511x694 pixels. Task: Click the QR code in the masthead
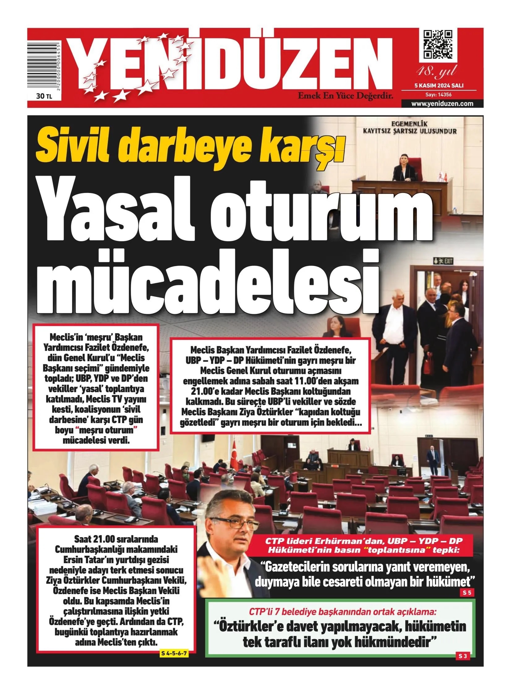[x=438, y=44]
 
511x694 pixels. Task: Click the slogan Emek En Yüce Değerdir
[x=345, y=96]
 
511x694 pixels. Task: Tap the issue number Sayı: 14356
[x=439, y=95]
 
